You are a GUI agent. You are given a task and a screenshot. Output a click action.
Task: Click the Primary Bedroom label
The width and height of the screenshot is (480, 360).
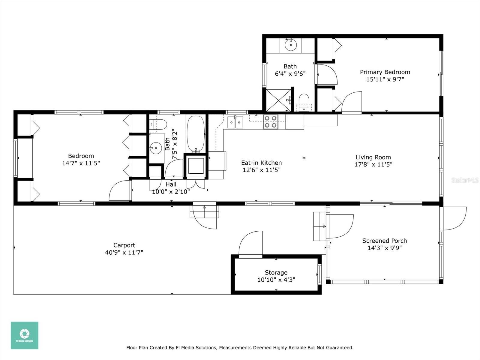385,72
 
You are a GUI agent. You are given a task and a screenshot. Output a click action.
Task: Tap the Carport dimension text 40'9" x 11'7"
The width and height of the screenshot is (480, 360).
124,253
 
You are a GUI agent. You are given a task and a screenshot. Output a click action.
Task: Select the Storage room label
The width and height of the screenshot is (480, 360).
276,273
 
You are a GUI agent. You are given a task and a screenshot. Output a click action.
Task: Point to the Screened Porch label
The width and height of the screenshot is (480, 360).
384,241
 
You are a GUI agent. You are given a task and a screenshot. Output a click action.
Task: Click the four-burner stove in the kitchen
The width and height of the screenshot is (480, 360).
271,122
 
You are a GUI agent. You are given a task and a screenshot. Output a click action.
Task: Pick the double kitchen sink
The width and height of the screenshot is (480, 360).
235,122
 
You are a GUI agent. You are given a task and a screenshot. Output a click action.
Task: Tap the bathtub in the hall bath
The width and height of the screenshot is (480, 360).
196,134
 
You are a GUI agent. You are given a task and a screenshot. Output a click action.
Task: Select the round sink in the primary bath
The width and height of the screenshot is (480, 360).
291,45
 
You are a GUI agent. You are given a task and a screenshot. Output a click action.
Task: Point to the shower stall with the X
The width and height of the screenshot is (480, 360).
278,100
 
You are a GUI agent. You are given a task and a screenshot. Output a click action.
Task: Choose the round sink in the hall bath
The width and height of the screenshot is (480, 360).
156,148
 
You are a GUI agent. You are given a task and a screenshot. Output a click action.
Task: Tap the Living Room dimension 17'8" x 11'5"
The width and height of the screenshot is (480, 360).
373,164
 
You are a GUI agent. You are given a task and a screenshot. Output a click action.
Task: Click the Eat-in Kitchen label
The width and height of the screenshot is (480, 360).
261,163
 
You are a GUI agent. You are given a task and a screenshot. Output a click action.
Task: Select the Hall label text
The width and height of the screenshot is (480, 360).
171,184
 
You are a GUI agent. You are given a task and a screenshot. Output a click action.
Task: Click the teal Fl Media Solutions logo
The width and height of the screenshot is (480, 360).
25,335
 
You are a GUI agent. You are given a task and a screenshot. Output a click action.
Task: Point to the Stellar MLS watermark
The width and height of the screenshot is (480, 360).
465,180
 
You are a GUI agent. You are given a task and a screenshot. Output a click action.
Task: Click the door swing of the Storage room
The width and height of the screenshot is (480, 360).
250,243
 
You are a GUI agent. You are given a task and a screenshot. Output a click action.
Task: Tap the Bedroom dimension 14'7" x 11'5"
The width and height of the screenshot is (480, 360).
81,163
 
